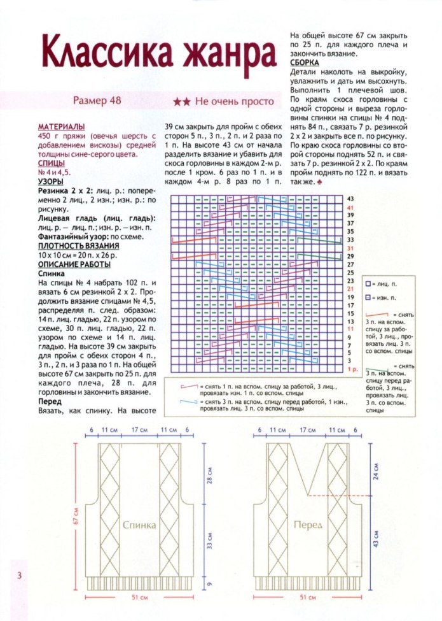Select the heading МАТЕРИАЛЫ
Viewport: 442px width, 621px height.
(x=62, y=127)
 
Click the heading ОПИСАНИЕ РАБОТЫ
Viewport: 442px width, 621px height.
(x=74, y=264)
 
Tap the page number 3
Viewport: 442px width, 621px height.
(x=20, y=576)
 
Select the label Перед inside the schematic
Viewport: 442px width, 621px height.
(x=308, y=525)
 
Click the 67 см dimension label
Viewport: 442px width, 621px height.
(x=76, y=516)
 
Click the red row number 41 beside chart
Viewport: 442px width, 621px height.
(x=350, y=208)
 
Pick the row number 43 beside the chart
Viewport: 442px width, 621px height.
(x=350, y=199)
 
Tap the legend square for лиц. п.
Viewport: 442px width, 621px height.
(x=368, y=282)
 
